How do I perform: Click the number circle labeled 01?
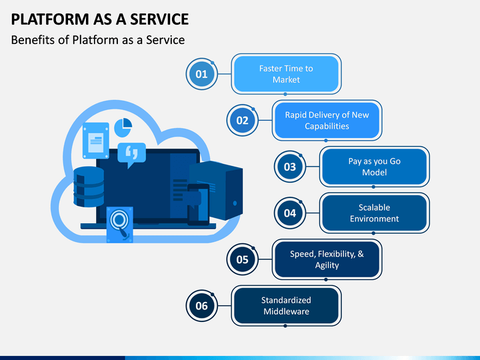[x=202, y=74]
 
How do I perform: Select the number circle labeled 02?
[x=243, y=120]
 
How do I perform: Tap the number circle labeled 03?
[x=290, y=167]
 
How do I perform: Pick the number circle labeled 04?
[x=290, y=213]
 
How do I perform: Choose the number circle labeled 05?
[x=243, y=259]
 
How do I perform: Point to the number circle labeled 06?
[x=202, y=305]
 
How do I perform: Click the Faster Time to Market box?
[x=286, y=74]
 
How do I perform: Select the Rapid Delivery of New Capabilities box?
[x=327, y=120]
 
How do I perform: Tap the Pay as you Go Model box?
[x=375, y=167]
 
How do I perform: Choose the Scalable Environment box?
[x=375, y=213]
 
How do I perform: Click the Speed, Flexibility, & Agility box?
[x=327, y=259]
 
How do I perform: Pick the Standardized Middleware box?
[x=286, y=305]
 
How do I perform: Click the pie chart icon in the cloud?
[x=123, y=127]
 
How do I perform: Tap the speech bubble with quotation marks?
[x=131, y=154]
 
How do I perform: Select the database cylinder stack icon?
[x=89, y=187]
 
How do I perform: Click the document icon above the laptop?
[x=96, y=141]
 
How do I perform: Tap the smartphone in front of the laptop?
[x=199, y=205]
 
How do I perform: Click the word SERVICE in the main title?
[x=159, y=19]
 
